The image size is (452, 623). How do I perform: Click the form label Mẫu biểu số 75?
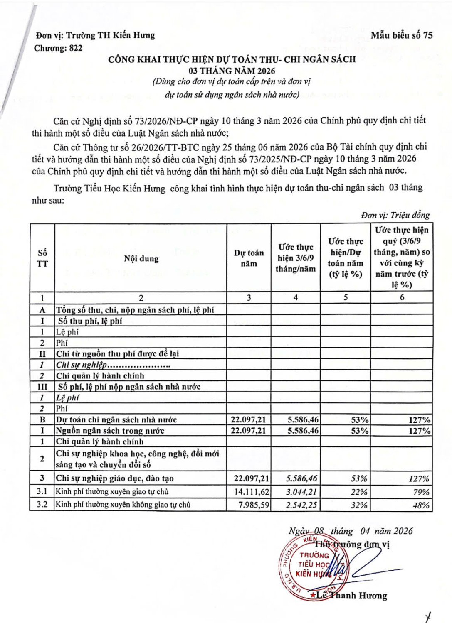tap(401, 35)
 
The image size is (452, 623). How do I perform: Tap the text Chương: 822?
tap(58, 48)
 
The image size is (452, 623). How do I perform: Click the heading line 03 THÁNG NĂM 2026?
tap(232, 71)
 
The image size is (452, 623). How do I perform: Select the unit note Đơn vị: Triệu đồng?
tap(395, 215)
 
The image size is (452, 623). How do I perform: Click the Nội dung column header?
tap(141, 258)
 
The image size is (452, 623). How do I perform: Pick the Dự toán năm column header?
tap(249, 258)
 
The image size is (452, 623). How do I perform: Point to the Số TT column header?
tap(42, 258)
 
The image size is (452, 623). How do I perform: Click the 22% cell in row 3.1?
tap(359, 492)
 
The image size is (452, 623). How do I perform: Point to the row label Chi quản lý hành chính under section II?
tap(100, 376)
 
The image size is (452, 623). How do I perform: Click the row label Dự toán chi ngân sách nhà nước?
tap(116, 420)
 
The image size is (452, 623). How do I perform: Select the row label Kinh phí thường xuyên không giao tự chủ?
tap(123, 505)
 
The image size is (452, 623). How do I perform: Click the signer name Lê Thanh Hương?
tap(351, 596)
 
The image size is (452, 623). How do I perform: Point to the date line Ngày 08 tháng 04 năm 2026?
tap(351, 531)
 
